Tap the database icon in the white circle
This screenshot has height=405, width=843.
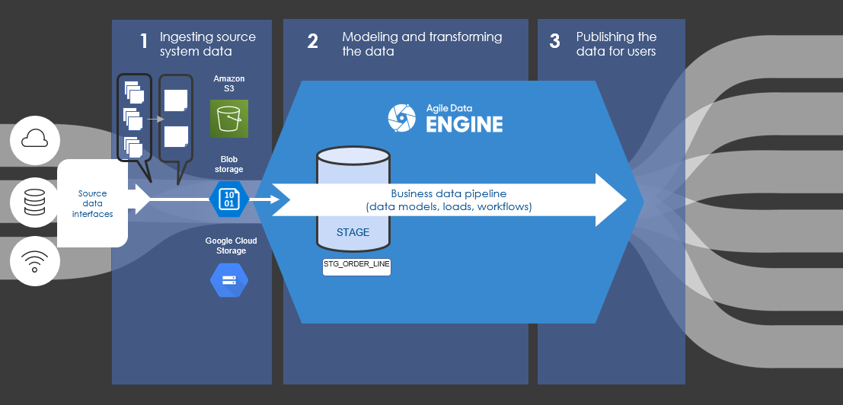tap(35, 202)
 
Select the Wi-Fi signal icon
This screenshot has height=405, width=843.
tap(35, 261)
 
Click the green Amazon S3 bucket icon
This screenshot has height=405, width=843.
tap(229, 119)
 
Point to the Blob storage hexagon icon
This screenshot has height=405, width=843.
tap(229, 199)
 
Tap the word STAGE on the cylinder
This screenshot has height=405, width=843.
tap(353, 232)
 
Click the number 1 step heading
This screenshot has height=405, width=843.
tap(143, 42)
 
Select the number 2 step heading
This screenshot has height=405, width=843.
tap(312, 42)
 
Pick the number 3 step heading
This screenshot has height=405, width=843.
tap(554, 42)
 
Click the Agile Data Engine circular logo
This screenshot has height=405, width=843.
tap(402, 117)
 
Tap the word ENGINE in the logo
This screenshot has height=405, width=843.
tap(465, 124)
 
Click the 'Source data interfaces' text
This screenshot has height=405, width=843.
tap(92, 204)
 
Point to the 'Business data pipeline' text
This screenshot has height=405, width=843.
tap(449, 194)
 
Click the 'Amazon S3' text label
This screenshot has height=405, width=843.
tap(229, 85)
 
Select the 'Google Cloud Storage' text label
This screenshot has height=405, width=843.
tap(231, 246)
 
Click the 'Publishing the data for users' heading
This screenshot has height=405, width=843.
tap(616, 44)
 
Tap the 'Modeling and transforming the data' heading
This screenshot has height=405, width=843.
tap(422, 44)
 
